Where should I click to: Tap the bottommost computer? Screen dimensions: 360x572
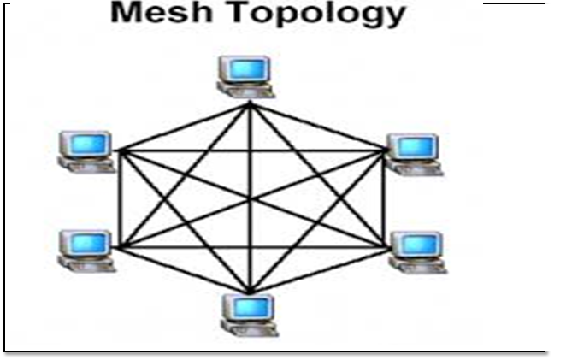pyautogui.click(x=249, y=314)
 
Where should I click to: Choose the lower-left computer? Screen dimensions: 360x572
pyautogui.click(x=86, y=251)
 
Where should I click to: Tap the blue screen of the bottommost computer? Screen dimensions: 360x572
pyautogui.click(x=251, y=305)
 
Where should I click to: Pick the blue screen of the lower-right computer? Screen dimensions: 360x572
pyautogui.click(x=415, y=244)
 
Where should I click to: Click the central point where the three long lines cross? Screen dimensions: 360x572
pyautogui.click(x=249, y=199)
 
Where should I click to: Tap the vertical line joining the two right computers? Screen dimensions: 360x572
pyautogui.click(x=380, y=199)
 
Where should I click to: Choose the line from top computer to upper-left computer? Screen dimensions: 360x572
pyautogui.click(x=183, y=125)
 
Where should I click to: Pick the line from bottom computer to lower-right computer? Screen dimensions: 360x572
pyautogui.click(x=315, y=271)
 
